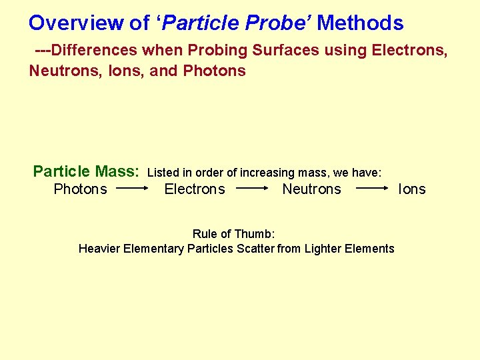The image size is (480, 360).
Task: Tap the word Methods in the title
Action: click(x=360, y=23)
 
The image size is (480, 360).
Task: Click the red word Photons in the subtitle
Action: click(x=214, y=71)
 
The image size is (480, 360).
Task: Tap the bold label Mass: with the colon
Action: click(x=117, y=171)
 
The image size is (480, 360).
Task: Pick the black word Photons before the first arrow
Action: click(x=80, y=189)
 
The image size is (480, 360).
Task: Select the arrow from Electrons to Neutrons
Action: click(x=252, y=189)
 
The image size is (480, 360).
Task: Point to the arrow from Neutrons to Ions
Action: click(x=372, y=189)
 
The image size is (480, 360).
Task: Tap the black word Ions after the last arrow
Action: click(x=411, y=189)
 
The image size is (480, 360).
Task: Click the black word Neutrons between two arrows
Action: click(x=311, y=189)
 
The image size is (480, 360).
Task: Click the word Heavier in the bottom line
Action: click(x=98, y=249)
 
